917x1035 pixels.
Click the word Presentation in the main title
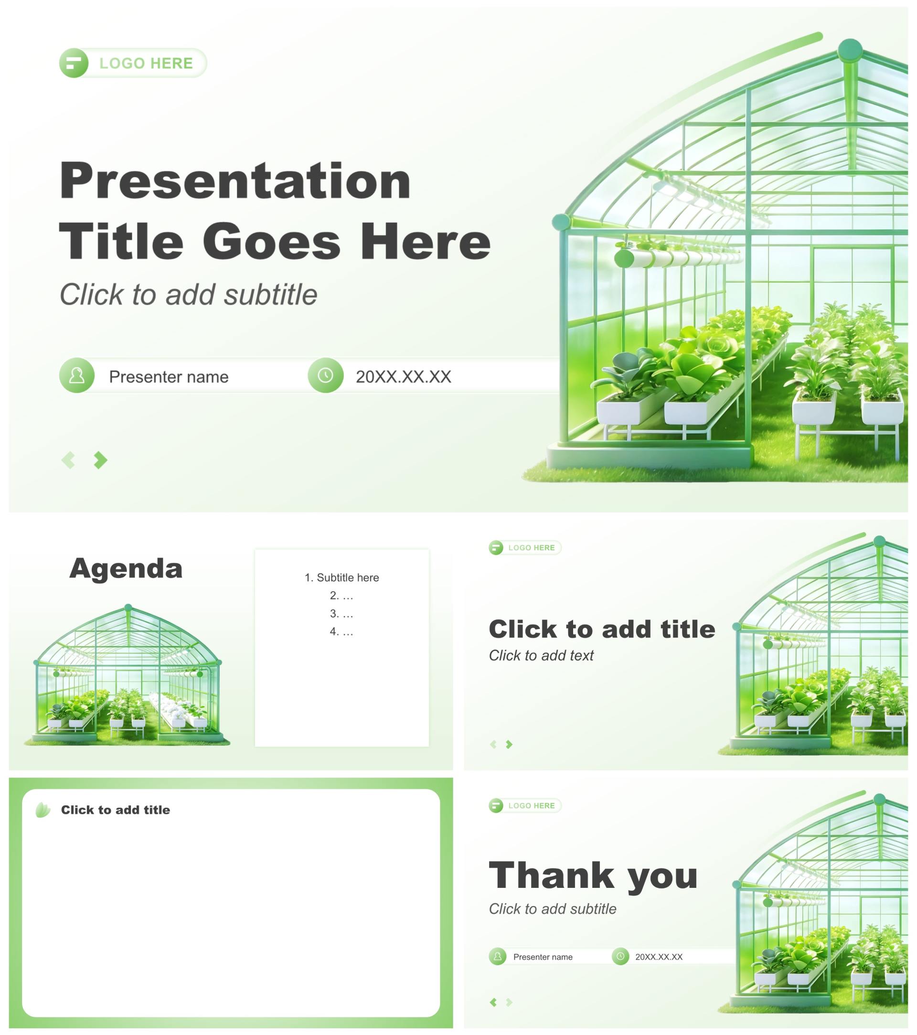click(x=235, y=181)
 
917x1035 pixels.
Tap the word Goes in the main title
click(x=272, y=242)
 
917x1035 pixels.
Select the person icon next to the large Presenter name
click(x=77, y=376)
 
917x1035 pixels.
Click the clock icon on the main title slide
click(x=326, y=376)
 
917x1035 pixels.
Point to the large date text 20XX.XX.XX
click(x=404, y=377)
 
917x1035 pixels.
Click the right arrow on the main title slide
click(x=101, y=460)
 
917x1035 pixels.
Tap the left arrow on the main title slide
click(x=68, y=460)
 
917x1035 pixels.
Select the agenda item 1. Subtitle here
click(x=342, y=578)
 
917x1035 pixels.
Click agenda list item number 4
click(x=342, y=631)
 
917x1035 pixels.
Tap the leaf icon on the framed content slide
click(x=43, y=810)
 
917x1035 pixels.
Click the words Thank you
click(x=594, y=875)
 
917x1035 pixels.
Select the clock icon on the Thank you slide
click(x=620, y=957)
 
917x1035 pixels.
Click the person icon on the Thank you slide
click(x=498, y=957)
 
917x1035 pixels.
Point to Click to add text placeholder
click(x=541, y=656)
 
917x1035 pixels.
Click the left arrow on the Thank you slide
click(x=494, y=1002)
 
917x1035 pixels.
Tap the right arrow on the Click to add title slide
click(x=510, y=744)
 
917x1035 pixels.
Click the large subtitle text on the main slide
click(x=188, y=295)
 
